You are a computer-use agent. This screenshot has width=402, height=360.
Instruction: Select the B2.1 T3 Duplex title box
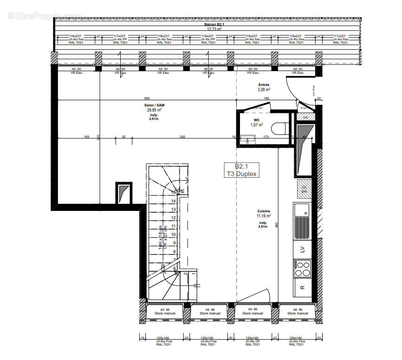240,170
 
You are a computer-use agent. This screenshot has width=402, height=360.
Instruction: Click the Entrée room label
264,87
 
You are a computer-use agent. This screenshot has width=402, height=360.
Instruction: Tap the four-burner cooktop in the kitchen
302,268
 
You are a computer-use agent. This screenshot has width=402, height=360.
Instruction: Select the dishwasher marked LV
302,249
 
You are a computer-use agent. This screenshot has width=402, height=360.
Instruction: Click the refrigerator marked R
302,287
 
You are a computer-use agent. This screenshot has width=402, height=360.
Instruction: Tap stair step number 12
173,218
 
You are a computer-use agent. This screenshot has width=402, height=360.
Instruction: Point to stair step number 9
173,243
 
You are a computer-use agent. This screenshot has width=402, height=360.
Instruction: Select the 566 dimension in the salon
147,98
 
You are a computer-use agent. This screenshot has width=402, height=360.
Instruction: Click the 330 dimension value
182,137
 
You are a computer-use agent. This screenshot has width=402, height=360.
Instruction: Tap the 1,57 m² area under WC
257,124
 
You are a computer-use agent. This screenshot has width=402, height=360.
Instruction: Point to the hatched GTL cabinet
305,117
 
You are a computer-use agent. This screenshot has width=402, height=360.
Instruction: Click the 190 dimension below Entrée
266,98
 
